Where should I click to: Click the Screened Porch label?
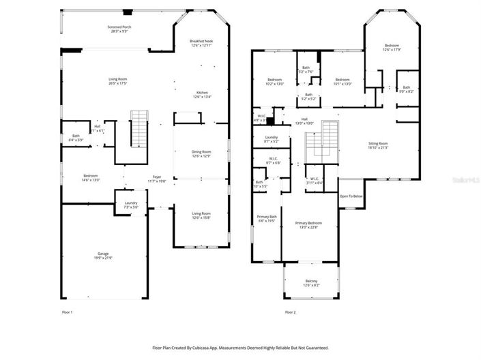click(119, 27)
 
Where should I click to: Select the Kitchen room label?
click(203, 92)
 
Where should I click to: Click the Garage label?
click(102, 253)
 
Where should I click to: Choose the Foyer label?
click(157, 177)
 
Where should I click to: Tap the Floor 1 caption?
click(67, 312)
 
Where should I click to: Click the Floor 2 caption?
click(290, 312)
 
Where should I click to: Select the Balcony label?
click(312, 281)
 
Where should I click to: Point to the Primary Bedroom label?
click(308, 223)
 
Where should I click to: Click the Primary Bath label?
click(267, 217)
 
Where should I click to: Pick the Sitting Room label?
click(378, 143)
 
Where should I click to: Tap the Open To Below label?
click(351, 196)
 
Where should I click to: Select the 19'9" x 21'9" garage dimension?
click(102, 258)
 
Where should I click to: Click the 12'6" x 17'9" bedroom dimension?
click(392, 49)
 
